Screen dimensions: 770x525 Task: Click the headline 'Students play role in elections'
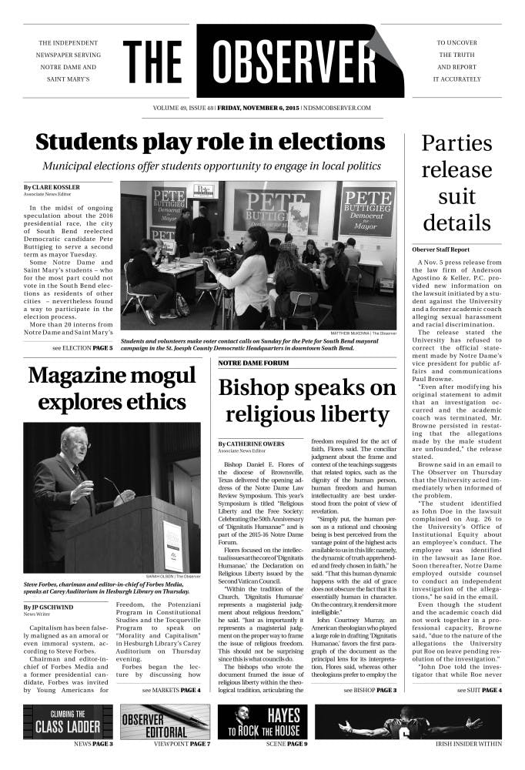point(209,142)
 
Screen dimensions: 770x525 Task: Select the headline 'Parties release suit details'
point(456,183)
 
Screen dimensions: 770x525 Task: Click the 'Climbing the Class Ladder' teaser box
point(68,721)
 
